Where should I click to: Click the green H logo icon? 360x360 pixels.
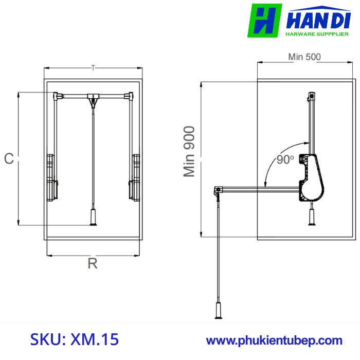[265, 21]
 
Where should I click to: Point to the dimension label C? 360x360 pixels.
[9, 159]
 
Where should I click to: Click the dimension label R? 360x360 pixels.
[93, 264]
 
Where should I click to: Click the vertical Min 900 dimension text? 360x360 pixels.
[190, 152]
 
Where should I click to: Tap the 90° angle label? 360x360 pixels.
[284, 160]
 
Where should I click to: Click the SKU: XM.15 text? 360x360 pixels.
[75, 339]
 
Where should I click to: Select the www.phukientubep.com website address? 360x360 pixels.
[274, 340]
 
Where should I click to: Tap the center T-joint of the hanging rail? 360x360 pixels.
[93, 97]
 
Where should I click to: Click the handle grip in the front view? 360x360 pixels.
[93, 218]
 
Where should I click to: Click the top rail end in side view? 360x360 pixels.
[311, 96]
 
